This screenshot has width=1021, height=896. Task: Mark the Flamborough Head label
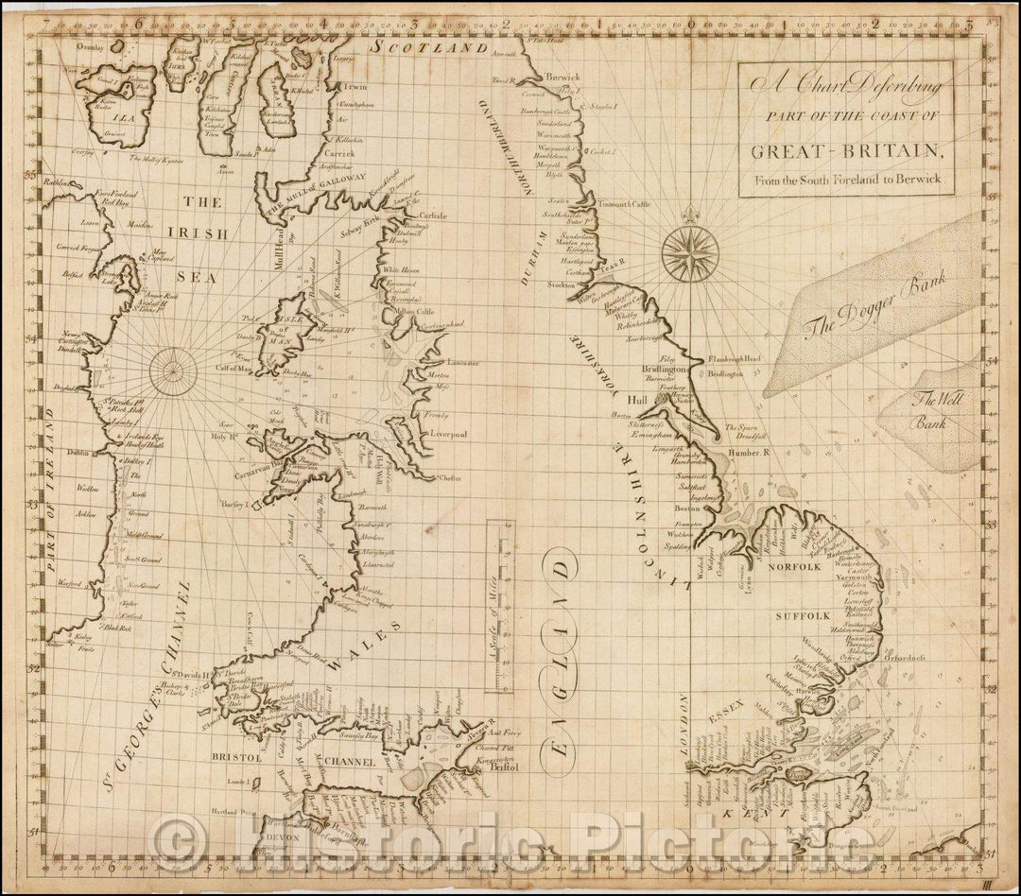[733, 360]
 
